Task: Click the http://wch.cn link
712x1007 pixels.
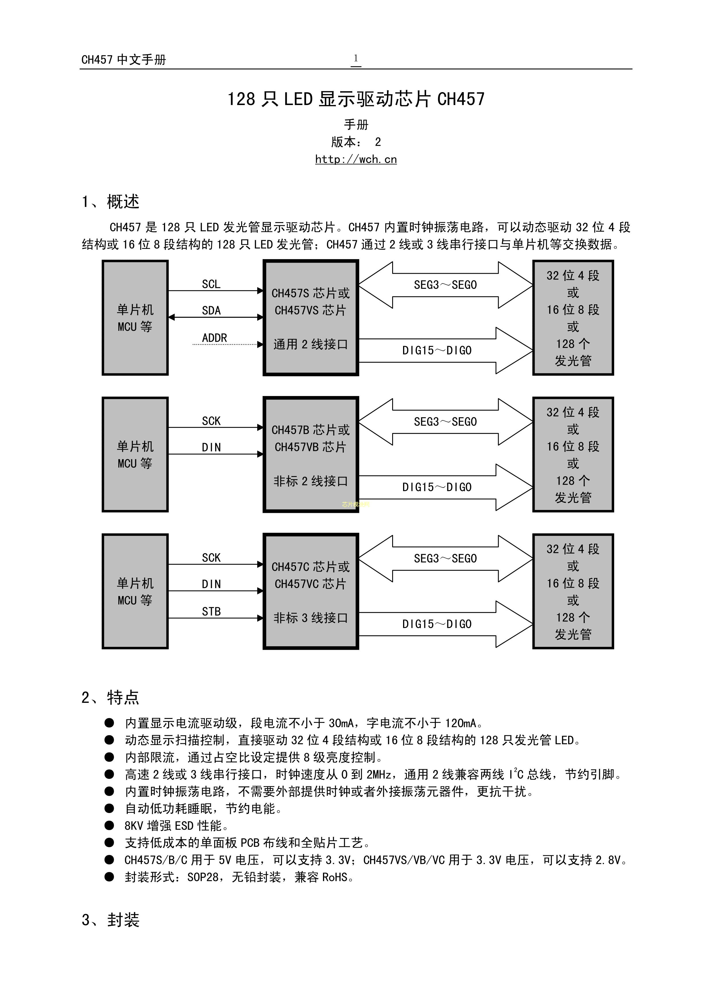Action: point(356,159)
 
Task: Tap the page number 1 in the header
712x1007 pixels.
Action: point(356,58)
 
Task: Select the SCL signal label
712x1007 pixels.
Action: point(211,284)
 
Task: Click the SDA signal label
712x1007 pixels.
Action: point(211,311)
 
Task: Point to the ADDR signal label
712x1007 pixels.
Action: point(214,338)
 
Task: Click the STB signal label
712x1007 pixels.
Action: point(211,611)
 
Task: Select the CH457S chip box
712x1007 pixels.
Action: point(311,318)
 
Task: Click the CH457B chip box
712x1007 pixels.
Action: point(311,454)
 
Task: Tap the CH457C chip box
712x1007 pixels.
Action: point(311,591)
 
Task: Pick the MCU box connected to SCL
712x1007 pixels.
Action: point(135,318)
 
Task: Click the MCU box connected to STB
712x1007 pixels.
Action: point(135,591)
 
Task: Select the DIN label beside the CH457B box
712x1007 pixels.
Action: point(211,447)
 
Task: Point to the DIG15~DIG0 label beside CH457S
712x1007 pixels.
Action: point(437,350)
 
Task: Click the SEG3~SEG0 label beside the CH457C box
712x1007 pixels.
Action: point(445,558)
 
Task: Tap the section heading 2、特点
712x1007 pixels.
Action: point(110,697)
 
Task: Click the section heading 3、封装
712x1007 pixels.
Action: point(110,920)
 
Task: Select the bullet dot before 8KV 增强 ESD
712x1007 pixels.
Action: point(109,825)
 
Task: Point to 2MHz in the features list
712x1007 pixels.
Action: point(379,775)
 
